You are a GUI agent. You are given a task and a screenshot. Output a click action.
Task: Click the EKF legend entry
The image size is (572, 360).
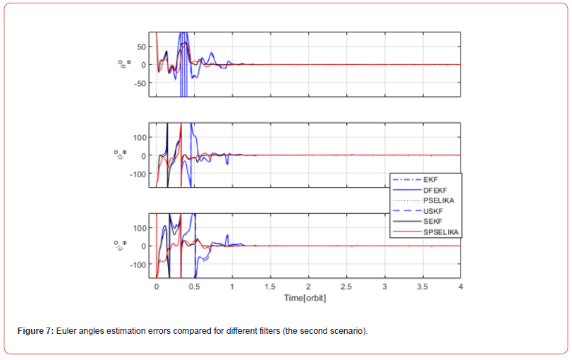(430, 180)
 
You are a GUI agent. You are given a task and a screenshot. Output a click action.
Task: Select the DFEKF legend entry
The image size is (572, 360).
(434, 191)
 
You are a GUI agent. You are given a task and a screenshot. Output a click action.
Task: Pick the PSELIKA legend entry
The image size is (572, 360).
(438, 200)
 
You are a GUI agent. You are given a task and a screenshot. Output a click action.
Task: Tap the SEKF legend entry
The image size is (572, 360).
(432, 222)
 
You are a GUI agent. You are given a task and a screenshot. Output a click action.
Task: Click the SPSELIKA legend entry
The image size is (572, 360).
(441, 232)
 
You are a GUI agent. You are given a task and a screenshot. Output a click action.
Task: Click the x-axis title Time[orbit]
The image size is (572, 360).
(305, 298)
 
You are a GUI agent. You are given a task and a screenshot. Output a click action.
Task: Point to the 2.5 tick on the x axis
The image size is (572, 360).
(346, 288)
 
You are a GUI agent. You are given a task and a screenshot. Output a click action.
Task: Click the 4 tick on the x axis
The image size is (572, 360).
(461, 288)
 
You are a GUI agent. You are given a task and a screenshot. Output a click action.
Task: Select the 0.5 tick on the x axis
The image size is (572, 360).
(194, 288)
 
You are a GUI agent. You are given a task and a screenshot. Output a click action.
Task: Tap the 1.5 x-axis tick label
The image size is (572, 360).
(270, 288)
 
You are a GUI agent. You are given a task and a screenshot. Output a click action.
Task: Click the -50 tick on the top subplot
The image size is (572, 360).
(140, 83)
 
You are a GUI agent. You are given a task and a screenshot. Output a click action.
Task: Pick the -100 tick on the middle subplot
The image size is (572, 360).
(138, 174)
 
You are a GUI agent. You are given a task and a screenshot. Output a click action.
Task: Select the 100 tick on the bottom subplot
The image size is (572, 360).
(140, 228)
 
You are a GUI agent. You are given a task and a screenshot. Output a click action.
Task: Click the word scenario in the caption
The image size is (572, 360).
(348, 331)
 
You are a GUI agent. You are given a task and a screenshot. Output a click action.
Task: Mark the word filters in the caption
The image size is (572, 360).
(245, 331)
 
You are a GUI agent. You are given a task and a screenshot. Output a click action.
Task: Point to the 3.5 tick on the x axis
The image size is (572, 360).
(422, 288)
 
